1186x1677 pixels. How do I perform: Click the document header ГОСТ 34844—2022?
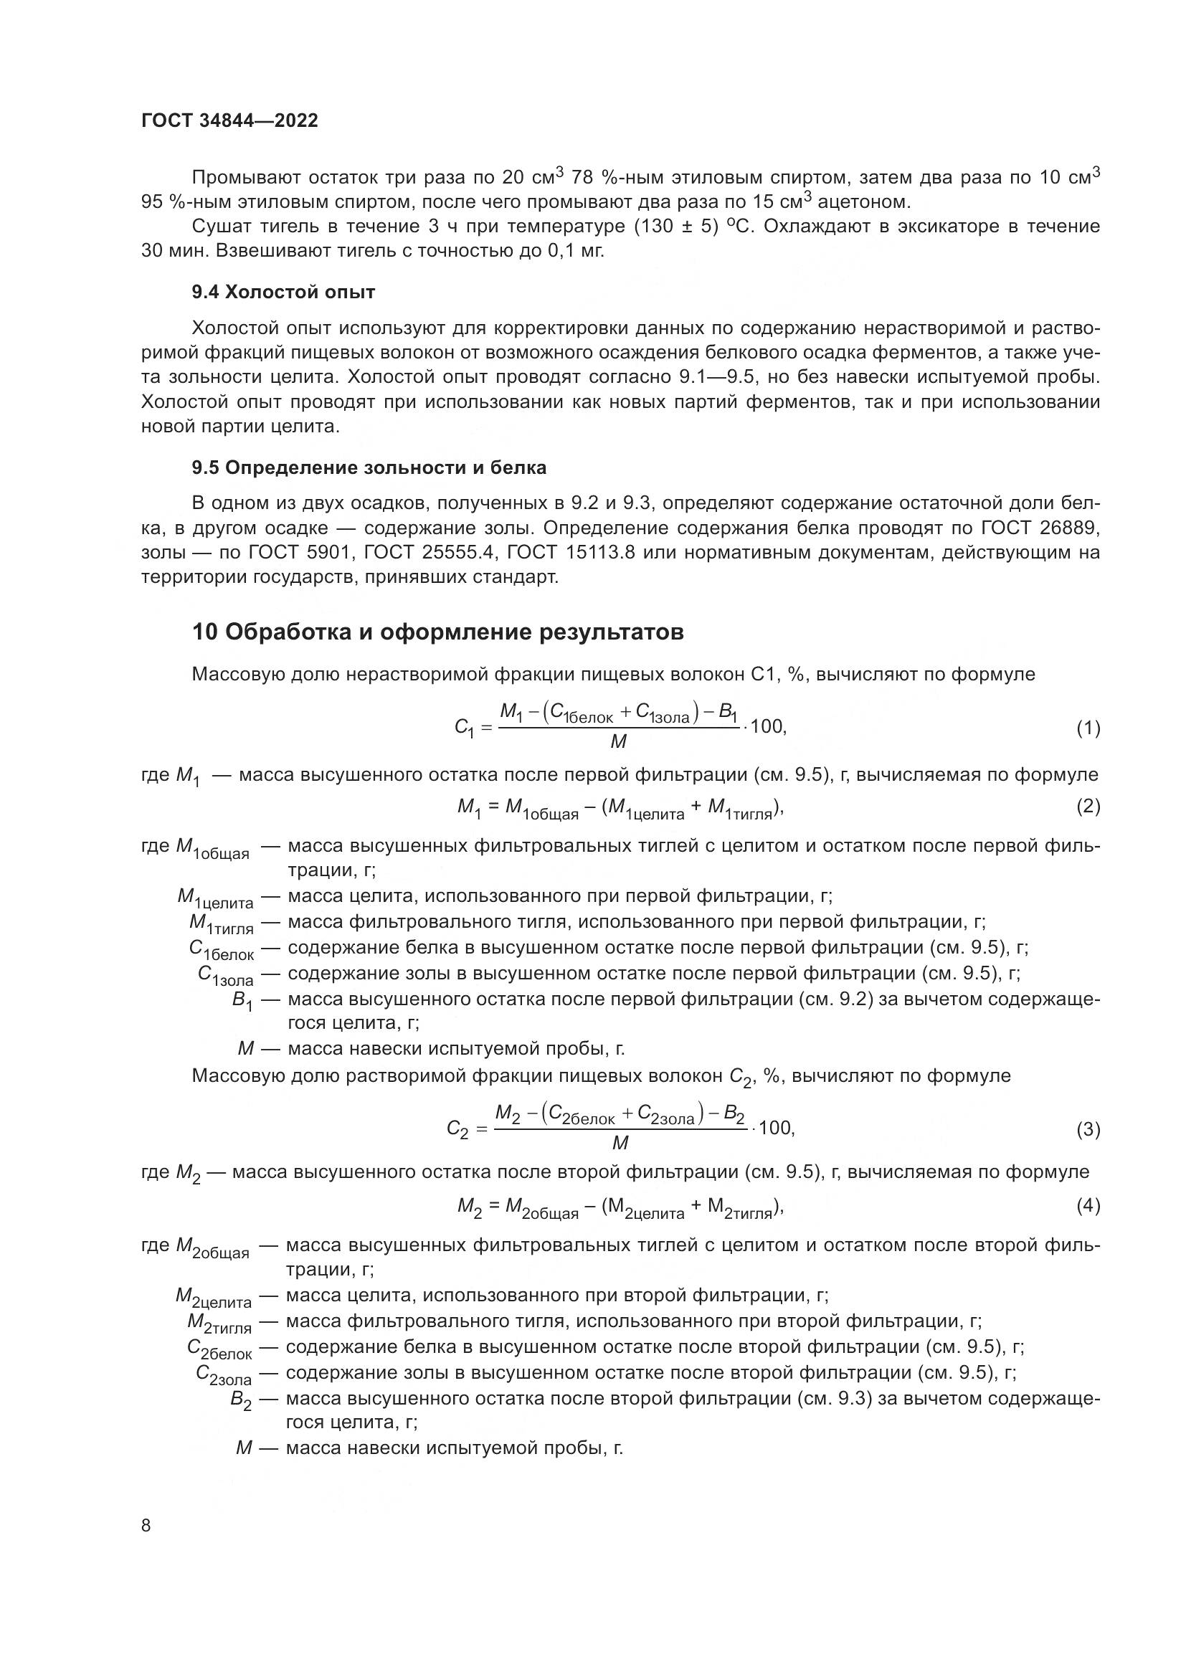point(229,121)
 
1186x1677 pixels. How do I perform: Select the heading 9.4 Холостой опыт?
point(283,292)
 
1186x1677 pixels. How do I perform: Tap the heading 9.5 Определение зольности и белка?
point(369,467)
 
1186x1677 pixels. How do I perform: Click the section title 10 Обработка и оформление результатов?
point(437,632)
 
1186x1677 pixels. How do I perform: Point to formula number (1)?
point(1088,728)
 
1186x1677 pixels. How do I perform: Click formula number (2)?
point(1088,806)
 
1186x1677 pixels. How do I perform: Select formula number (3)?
point(1088,1130)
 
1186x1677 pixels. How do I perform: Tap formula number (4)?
point(1088,1206)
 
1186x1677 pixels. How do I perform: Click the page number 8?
point(146,1526)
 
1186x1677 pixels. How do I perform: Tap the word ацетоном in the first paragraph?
point(864,201)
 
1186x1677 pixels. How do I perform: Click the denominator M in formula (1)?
point(618,743)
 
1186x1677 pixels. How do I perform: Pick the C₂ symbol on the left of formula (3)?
point(458,1131)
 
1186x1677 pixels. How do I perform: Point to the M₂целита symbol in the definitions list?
point(213,1298)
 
